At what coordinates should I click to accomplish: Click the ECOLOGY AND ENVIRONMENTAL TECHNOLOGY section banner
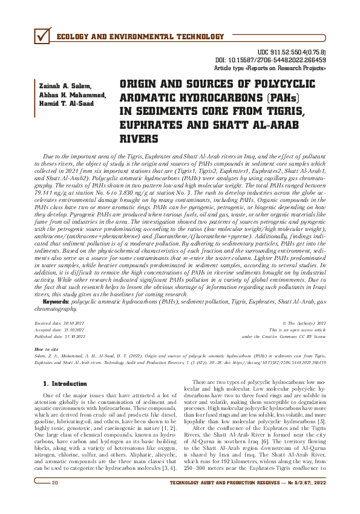pyautogui.click(x=139, y=37)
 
